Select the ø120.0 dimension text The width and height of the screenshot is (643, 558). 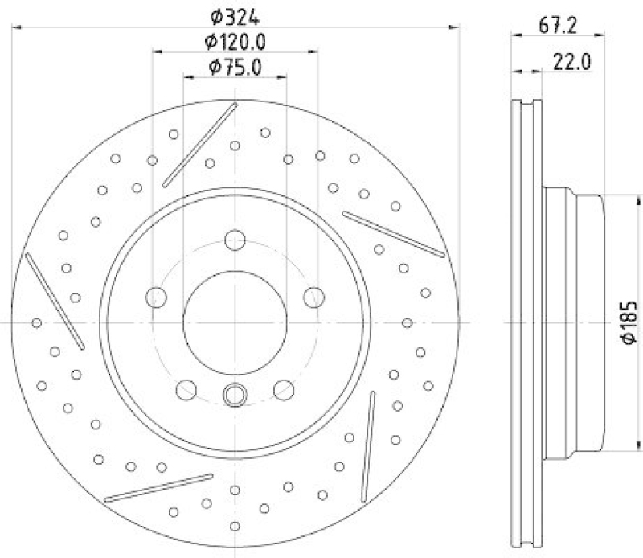tap(235, 41)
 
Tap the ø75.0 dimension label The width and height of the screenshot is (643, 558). tap(235, 68)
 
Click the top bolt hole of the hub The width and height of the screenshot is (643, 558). tap(235, 240)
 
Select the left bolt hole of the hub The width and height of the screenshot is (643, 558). tap(156, 297)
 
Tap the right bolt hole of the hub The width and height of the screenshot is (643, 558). tap(313, 297)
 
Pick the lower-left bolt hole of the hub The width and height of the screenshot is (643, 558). tap(186, 390)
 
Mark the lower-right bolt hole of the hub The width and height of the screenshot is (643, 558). tap(284, 390)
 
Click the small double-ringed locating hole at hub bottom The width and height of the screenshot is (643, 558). tap(235, 395)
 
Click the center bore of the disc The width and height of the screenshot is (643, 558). tap(235, 322)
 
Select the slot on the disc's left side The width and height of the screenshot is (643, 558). tap(55, 302)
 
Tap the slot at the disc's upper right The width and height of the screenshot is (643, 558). tap(393, 234)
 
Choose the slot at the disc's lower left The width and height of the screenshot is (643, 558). tap(158, 487)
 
